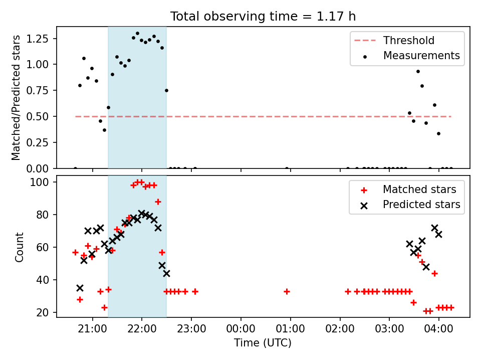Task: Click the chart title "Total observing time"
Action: click(x=233, y=16)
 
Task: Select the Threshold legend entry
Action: click(x=394, y=40)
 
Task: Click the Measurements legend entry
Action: click(x=411, y=56)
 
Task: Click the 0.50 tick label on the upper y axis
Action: click(x=38, y=117)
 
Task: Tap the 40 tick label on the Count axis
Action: click(x=42, y=280)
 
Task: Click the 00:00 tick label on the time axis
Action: click(x=241, y=329)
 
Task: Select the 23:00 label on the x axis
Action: click(x=191, y=329)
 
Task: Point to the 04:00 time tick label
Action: click(x=439, y=329)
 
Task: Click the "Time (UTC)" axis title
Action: click(x=263, y=342)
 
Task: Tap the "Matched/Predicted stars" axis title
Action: click(x=16, y=98)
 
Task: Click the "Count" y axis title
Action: click(x=19, y=247)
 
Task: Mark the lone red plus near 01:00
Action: click(x=287, y=291)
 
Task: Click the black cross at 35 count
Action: click(x=80, y=288)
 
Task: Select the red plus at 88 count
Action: click(x=158, y=202)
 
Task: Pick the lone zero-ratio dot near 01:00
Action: click(x=287, y=168)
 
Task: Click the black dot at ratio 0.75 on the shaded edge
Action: click(x=166, y=91)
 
